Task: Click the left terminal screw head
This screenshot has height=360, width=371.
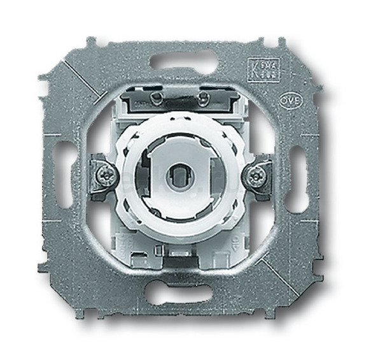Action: pos(104,174)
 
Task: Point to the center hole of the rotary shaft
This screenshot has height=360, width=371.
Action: pos(181,173)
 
